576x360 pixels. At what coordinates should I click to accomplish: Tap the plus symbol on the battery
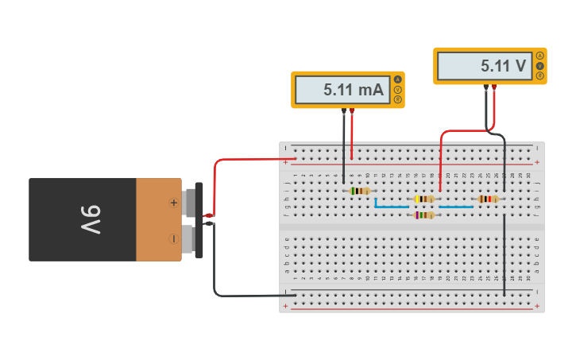tap(173, 203)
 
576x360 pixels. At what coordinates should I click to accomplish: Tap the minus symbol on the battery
tap(173, 238)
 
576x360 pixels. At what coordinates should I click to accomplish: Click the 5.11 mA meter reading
tap(353, 91)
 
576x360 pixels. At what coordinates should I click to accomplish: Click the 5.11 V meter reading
tap(504, 67)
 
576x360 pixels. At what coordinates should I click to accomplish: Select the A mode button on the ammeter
tap(398, 79)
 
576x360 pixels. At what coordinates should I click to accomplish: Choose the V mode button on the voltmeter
tap(540, 66)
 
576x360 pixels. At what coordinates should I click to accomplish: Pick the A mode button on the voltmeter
tap(540, 56)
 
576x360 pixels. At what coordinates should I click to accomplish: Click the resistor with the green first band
tap(360, 191)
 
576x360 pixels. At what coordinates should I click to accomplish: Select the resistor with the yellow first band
tap(425, 199)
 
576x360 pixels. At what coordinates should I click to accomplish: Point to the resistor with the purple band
tap(425, 215)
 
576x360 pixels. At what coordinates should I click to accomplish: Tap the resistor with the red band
tap(487, 199)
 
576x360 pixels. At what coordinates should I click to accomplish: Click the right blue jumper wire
tap(456, 207)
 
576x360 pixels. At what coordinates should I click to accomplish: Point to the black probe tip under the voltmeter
tap(486, 87)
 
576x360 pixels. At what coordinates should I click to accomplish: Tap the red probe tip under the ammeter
tap(352, 111)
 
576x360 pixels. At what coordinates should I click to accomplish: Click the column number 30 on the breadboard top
tap(529, 175)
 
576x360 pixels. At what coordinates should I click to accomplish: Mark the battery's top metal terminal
tap(191, 203)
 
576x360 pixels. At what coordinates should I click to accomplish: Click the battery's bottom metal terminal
tap(191, 238)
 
